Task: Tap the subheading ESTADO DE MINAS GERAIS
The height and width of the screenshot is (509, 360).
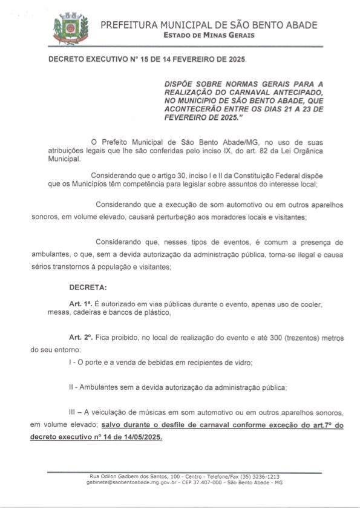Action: (x=209, y=35)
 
